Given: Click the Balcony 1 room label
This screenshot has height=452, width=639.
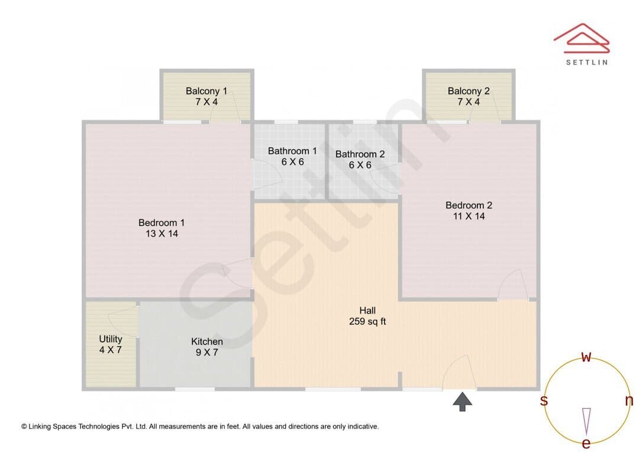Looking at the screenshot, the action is (x=206, y=91).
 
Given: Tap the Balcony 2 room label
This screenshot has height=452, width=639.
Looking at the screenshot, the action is (x=468, y=91).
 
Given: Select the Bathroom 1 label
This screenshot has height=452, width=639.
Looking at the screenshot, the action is (x=292, y=151).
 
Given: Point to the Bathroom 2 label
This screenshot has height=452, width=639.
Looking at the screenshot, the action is (x=360, y=154).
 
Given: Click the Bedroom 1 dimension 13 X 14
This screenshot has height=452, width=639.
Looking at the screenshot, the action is (x=162, y=234).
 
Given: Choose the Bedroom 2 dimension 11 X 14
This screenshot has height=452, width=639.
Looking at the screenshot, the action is (x=469, y=216).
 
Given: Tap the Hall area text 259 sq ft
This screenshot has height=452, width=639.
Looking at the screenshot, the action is (x=367, y=321).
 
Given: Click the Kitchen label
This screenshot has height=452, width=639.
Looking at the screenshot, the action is (x=206, y=341).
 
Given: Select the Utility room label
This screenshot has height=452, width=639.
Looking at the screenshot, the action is (x=111, y=339).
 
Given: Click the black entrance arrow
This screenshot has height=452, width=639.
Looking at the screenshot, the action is (x=463, y=402).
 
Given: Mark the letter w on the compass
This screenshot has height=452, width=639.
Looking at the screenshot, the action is (x=586, y=357).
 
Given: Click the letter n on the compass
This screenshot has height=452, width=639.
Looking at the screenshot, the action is (x=629, y=401).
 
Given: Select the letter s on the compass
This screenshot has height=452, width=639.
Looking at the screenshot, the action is (x=544, y=401).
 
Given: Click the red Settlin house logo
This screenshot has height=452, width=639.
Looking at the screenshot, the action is (x=582, y=38).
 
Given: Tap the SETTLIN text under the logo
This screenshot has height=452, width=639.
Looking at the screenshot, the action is (x=587, y=62).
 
